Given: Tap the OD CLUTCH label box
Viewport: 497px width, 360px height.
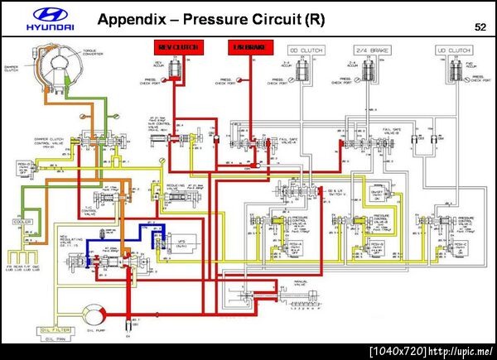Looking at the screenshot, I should coord(305,50).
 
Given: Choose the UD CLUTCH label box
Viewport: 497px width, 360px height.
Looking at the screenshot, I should coord(453,50).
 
